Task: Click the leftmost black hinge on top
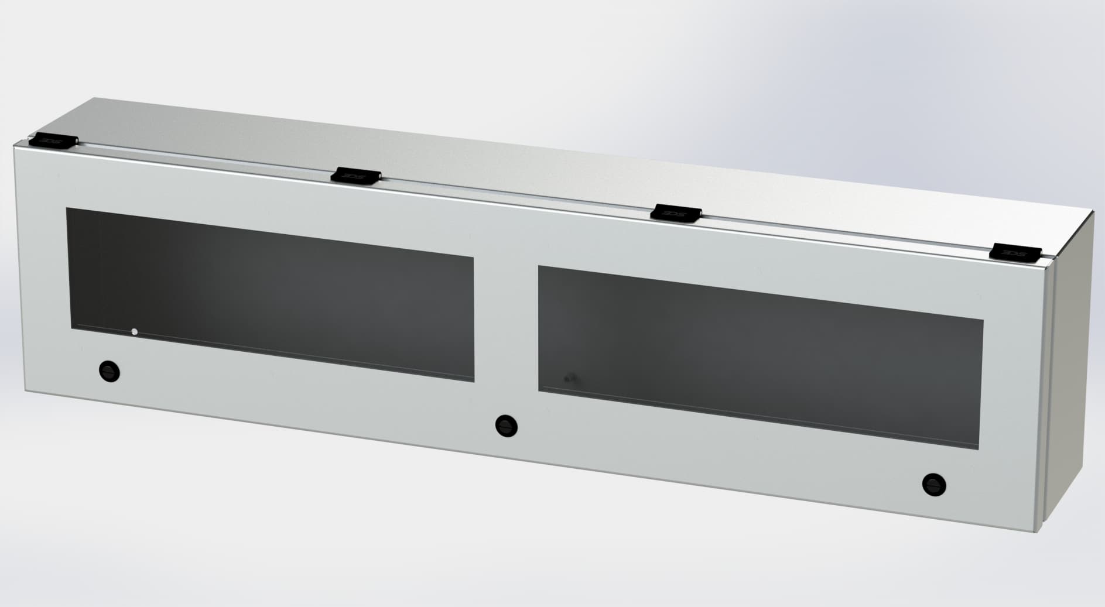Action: click(53, 140)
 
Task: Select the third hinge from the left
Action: click(676, 212)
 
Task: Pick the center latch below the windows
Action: click(506, 425)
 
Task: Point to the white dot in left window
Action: click(135, 332)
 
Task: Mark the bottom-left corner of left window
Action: click(71, 328)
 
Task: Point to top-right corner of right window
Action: click(983, 321)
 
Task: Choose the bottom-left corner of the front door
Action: click(25, 392)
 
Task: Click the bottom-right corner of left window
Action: click(473, 382)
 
